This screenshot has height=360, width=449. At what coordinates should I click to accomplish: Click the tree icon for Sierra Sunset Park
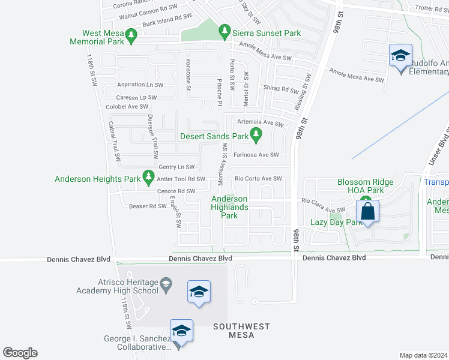tap(224, 29)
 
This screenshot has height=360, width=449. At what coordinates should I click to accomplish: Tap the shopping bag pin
tap(367, 212)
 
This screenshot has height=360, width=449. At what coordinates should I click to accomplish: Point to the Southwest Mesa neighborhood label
tap(242, 331)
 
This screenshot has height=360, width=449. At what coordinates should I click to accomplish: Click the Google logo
tap(20, 353)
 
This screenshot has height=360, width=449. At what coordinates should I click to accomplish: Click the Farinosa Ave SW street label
tap(257, 155)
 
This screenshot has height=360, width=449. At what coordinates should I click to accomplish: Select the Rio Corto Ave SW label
tap(258, 179)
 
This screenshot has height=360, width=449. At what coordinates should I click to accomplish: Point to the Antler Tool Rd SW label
tap(181, 179)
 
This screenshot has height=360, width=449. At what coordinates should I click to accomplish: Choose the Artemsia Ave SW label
tap(260, 122)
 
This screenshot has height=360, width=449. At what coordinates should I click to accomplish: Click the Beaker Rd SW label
tap(147, 206)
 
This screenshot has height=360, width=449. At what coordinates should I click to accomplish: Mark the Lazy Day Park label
tap(331, 222)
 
